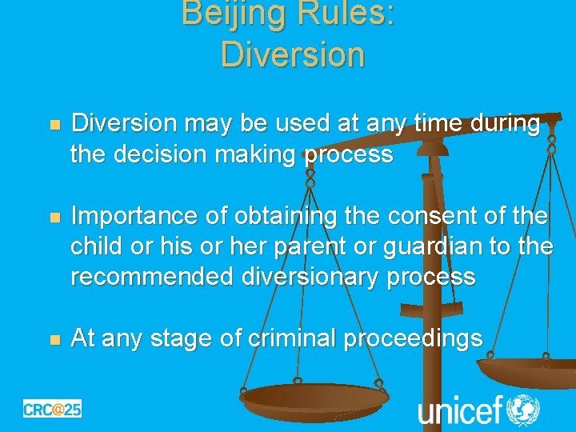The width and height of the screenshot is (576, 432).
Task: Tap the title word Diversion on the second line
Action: click(x=292, y=54)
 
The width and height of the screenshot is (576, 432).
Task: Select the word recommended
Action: click(x=150, y=277)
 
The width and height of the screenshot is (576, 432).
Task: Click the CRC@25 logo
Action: click(x=52, y=409)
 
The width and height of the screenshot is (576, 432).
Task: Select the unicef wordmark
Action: click(x=459, y=410)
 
